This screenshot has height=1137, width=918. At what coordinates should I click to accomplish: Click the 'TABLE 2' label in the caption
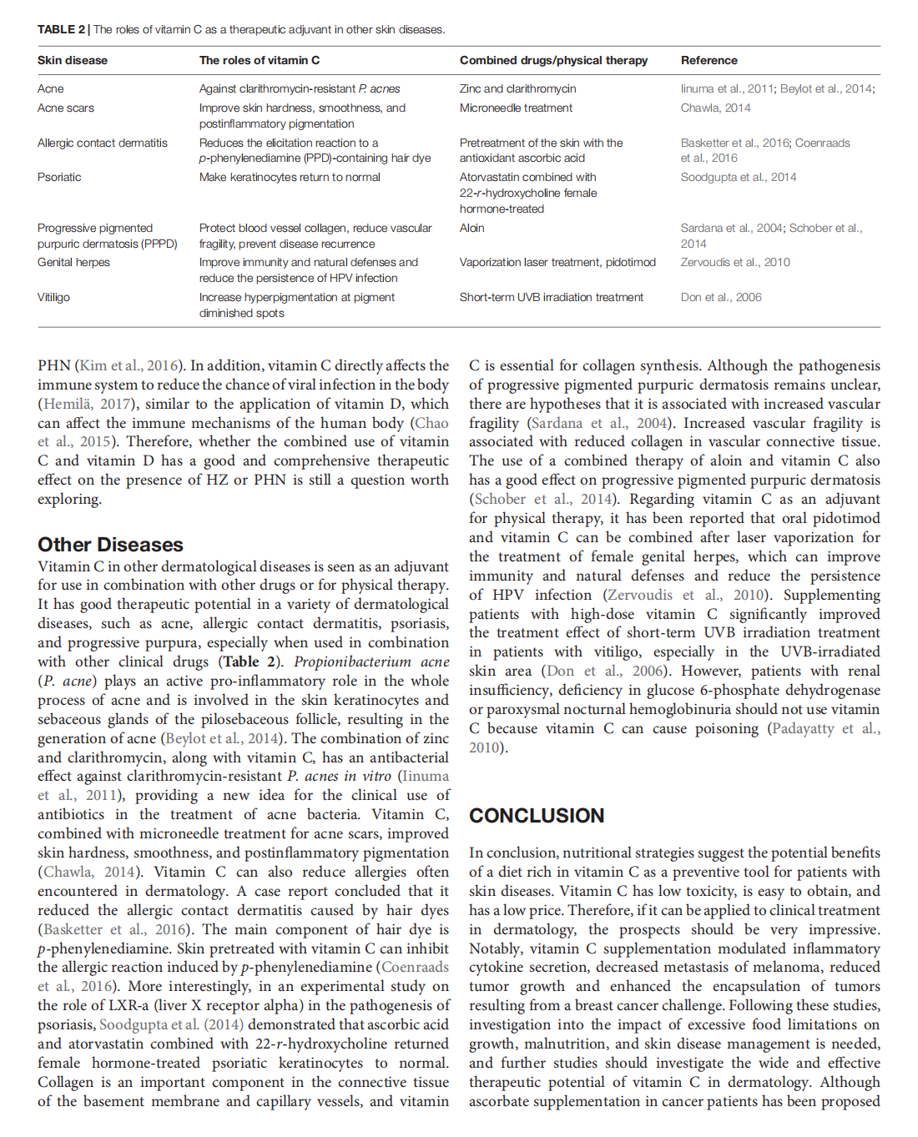pyautogui.click(x=61, y=29)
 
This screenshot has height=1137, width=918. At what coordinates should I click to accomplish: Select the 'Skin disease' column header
pyautogui.click(x=72, y=60)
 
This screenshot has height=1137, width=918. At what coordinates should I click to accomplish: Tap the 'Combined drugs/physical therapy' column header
pyautogui.click(x=553, y=60)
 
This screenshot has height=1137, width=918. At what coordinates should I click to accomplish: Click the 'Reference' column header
pyautogui.click(x=709, y=60)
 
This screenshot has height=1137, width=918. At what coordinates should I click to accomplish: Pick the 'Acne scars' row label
pyautogui.click(x=65, y=108)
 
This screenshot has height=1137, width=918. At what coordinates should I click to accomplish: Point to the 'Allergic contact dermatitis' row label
pyautogui.click(x=102, y=143)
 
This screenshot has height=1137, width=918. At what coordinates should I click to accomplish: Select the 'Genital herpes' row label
pyautogui.click(x=73, y=262)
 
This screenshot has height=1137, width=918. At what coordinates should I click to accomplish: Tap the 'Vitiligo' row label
pyautogui.click(x=53, y=297)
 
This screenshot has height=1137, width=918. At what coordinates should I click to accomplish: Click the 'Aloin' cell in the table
pyautogui.click(x=472, y=228)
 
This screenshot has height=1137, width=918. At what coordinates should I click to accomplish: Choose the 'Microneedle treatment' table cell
pyautogui.click(x=516, y=108)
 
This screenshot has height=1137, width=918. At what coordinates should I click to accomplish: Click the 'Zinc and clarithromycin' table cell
pyautogui.click(x=517, y=88)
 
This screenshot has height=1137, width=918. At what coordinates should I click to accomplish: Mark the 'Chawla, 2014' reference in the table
pyautogui.click(x=715, y=108)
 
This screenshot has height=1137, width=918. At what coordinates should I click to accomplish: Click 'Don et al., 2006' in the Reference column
pyautogui.click(x=721, y=297)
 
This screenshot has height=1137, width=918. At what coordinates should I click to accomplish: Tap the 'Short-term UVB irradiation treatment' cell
pyautogui.click(x=551, y=297)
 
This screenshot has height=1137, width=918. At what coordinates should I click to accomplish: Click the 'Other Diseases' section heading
pyautogui.click(x=110, y=545)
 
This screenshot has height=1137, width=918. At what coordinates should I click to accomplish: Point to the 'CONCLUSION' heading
pyautogui.click(x=537, y=815)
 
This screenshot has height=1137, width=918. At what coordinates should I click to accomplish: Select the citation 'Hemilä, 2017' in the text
pyautogui.click(x=88, y=405)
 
